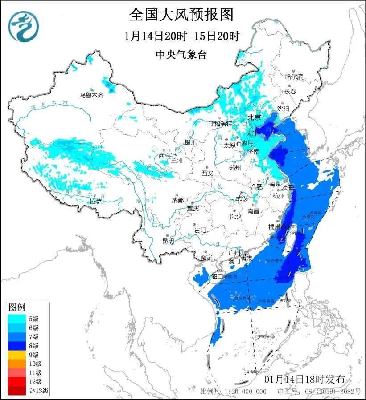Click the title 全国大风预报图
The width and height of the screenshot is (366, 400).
(181, 15)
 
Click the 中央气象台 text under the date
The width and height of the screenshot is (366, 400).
(182, 54)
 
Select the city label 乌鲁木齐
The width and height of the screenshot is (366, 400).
(91, 94)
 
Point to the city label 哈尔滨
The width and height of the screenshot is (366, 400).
(293, 77)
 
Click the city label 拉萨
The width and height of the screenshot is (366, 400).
(95, 201)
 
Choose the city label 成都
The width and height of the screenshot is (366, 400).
(177, 200)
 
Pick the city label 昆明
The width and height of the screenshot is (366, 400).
(168, 241)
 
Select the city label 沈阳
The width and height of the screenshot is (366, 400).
(283, 108)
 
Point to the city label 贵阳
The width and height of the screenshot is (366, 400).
(200, 230)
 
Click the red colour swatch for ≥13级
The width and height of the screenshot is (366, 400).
(16, 391)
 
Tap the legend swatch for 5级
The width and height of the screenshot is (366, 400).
(16, 318)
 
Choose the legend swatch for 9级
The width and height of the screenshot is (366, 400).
(16, 355)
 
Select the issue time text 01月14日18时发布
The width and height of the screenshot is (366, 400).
(304, 380)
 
